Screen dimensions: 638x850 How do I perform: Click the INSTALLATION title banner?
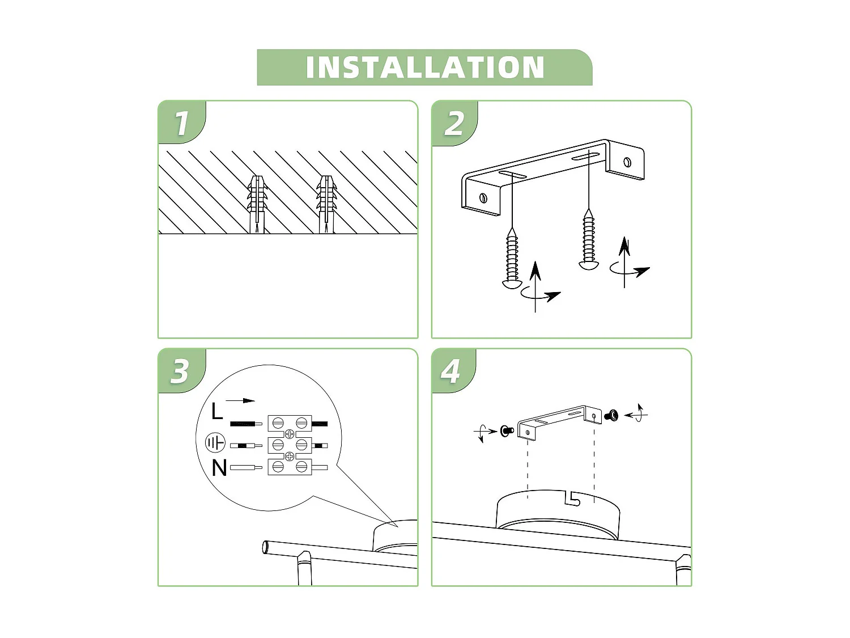(424, 67)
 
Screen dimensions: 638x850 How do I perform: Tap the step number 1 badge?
(181, 123)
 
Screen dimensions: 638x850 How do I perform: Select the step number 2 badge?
(454, 123)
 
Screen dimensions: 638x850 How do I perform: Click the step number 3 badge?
(180, 371)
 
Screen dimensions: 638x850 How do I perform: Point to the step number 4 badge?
(451, 371)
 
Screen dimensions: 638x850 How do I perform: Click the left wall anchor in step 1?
(257, 204)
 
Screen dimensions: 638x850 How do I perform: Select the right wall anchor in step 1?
(326, 204)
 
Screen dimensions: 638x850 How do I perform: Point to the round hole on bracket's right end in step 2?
(627, 162)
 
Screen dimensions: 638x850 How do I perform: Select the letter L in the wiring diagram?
(216, 411)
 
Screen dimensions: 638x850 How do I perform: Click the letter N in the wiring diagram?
(219, 468)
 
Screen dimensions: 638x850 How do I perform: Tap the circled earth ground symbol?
(215, 443)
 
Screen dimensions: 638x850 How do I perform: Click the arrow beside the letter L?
(243, 400)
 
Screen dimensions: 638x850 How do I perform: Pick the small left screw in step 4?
(507, 431)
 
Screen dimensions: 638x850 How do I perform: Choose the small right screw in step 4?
(611, 416)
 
